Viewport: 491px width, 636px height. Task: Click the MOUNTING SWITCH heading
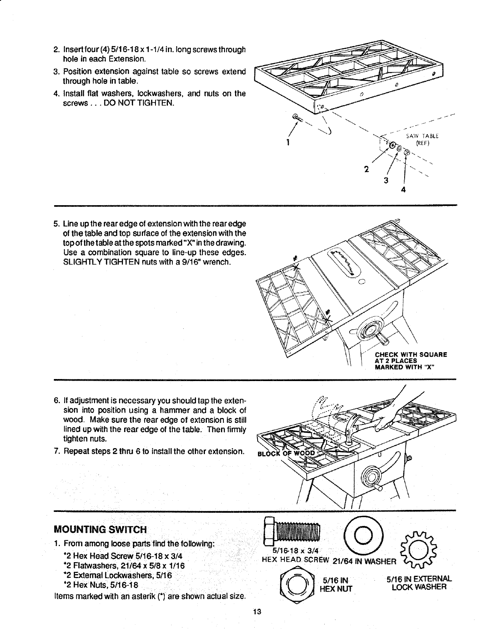pos(100,528)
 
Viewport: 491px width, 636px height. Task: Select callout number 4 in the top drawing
pos(403,191)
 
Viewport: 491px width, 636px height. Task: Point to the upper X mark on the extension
pos(296,267)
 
